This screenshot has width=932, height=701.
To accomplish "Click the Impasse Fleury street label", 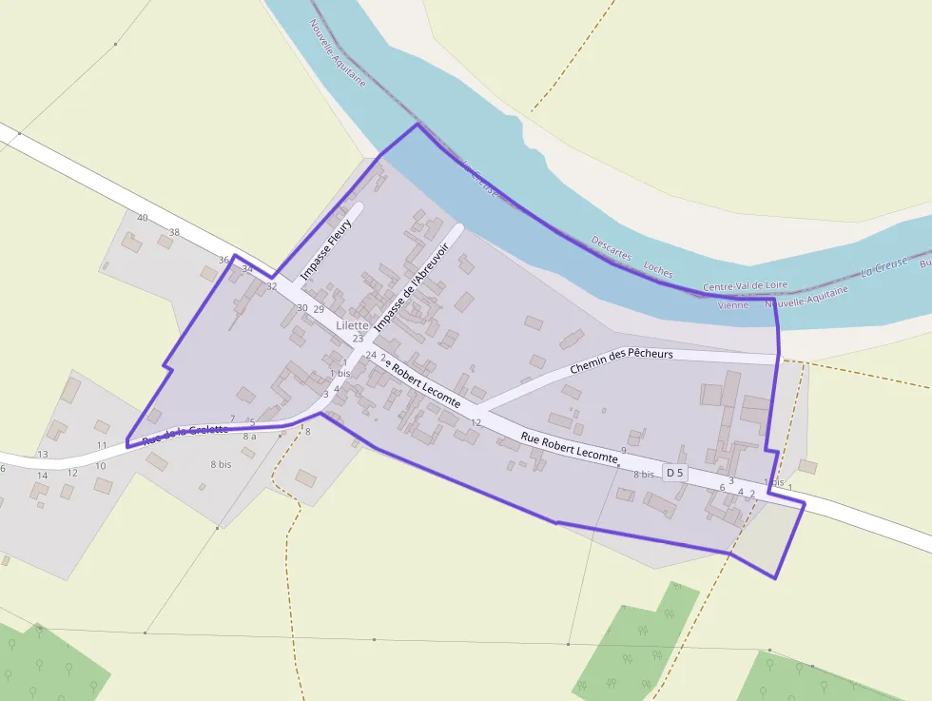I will click(x=326, y=249).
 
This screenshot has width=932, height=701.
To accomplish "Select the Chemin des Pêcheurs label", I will click(x=621, y=360).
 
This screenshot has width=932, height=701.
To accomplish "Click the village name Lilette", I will click(x=352, y=325).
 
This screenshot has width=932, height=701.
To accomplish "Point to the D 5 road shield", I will click(x=674, y=473).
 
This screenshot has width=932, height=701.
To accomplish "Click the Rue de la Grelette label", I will click(x=184, y=435).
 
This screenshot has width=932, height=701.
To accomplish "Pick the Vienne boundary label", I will click(x=732, y=304).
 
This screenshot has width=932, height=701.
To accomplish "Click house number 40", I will click(x=143, y=218).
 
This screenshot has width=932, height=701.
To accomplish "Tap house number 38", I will click(x=174, y=232).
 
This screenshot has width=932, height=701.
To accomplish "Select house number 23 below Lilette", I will click(x=359, y=338).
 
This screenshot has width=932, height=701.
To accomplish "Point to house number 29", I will click(x=319, y=309).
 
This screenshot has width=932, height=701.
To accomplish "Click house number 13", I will click(x=42, y=454).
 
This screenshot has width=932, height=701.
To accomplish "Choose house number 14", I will click(x=42, y=475).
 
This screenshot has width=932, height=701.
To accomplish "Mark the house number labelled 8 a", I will click(x=249, y=437).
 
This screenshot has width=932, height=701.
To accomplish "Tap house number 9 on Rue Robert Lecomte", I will click(x=624, y=449).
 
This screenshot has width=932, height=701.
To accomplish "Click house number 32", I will click(x=272, y=285).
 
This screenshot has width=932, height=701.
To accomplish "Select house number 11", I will click(x=101, y=445).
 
